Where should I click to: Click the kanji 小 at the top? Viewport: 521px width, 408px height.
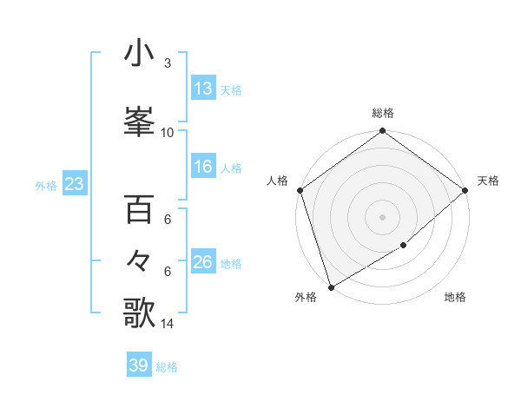point(139,54)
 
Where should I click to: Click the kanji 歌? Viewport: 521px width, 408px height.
point(139,313)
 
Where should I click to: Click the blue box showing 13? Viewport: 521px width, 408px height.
point(202,89)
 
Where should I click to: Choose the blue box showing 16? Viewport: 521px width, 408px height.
point(202,167)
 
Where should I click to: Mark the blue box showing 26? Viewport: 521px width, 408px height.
point(202,262)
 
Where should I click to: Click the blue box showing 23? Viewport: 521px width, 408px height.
point(74,184)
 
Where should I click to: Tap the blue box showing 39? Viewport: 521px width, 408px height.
point(138,365)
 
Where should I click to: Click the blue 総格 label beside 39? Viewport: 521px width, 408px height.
point(167,367)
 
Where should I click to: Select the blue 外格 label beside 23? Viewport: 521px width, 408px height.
point(45,186)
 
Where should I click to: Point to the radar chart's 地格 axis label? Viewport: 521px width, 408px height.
point(455,298)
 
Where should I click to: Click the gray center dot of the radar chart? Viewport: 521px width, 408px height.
point(382,216)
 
